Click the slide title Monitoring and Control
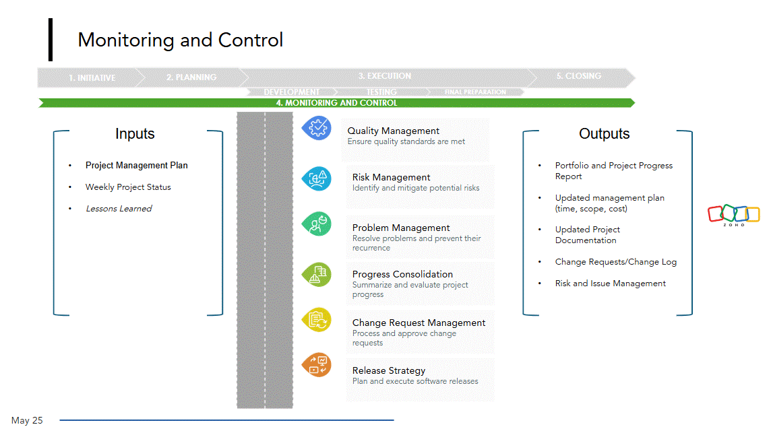[180, 40]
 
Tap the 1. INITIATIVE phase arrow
[92, 77]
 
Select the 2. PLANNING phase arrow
[191, 77]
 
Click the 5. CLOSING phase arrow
[578, 76]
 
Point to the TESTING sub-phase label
[381, 92]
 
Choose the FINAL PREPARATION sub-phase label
[475, 92]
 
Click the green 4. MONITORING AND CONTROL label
[337, 103]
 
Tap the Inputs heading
[135, 134]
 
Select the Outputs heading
[604, 134]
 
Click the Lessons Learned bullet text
[119, 209]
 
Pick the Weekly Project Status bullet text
[128, 187]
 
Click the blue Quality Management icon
[316, 127]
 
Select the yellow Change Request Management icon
[316, 320]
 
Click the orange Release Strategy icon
[316, 365]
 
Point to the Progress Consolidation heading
[402, 274]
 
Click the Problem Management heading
[401, 228]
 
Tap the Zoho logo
[734, 215]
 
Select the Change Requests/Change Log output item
[615, 262]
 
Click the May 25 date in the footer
[27, 420]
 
